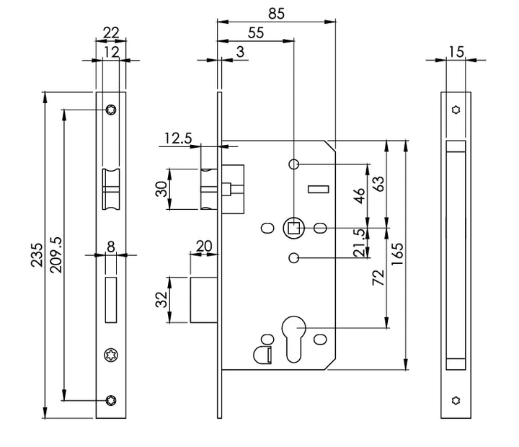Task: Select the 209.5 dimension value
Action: (55, 255)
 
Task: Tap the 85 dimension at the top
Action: (276, 12)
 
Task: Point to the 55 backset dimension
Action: (255, 32)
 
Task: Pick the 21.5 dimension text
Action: (358, 243)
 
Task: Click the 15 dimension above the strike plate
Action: (455, 52)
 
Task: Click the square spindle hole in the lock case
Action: (294, 229)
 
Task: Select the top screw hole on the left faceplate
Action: (111, 110)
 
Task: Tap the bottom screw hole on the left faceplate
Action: (111, 400)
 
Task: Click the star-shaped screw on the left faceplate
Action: (111, 355)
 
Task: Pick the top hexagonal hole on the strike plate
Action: (455, 110)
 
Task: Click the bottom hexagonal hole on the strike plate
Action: (455, 400)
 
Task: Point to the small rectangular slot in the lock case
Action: (318, 190)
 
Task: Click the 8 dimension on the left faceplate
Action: (110, 246)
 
